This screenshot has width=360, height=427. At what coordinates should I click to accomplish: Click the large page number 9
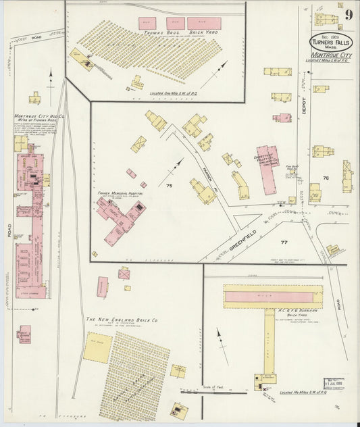pos(348,15)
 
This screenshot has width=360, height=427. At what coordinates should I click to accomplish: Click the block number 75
pos(170,185)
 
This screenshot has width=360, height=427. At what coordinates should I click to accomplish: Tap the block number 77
pos(284,241)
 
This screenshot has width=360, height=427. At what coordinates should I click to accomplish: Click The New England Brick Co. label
pos(122,320)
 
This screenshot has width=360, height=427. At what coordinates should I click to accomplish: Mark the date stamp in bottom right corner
pos(335,384)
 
